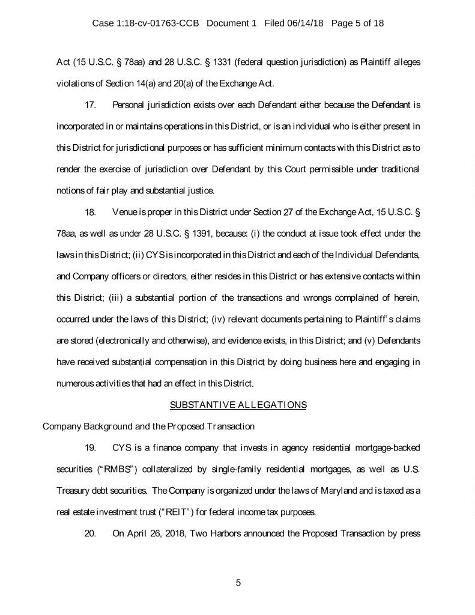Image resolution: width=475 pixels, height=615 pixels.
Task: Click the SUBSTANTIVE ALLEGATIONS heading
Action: (x=238, y=405)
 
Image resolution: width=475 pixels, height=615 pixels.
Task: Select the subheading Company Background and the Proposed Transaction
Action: (x=148, y=427)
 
